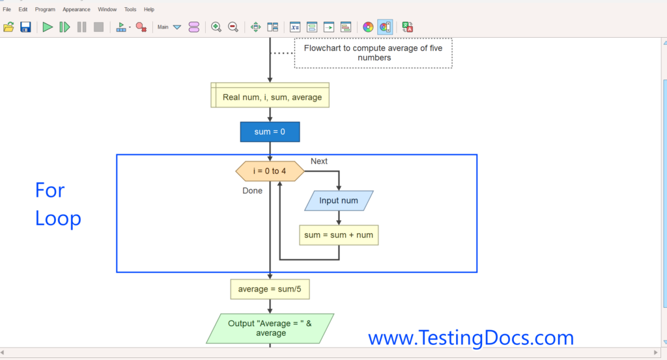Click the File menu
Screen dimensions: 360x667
point(7,10)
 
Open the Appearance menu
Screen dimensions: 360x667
point(76,10)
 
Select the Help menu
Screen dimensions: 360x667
point(149,10)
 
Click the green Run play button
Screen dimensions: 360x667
point(48,27)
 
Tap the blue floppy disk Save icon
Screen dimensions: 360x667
point(25,27)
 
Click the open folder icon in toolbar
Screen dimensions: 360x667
point(8,27)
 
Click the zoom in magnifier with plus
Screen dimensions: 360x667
point(216,27)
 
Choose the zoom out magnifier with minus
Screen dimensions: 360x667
point(233,27)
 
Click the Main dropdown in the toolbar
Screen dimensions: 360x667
point(169,27)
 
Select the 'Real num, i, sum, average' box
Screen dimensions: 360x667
point(270,97)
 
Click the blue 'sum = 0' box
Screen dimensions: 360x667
point(270,132)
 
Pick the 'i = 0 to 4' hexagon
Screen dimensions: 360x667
point(270,171)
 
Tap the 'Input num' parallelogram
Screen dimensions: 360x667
point(339,201)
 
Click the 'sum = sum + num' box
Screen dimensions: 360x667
point(339,234)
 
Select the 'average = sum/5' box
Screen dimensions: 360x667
point(270,289)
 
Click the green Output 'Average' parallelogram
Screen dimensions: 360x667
point(270,328)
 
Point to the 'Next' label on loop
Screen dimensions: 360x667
point(319,161)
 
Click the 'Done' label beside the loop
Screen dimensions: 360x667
point(252,191)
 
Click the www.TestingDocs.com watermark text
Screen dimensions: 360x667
point(470,338)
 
